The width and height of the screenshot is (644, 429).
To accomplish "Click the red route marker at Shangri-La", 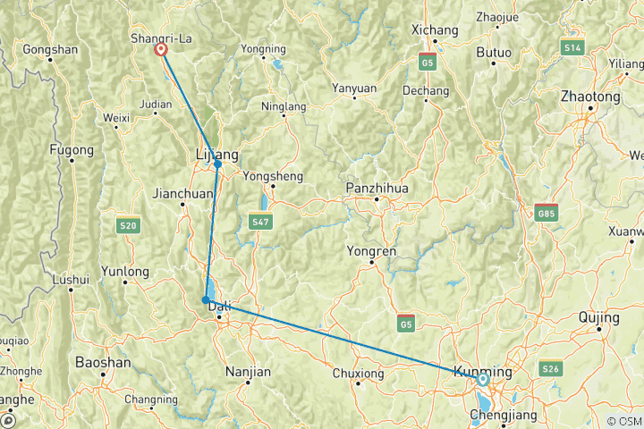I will click(161, 50).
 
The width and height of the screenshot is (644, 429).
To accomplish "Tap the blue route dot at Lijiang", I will click(217, 164).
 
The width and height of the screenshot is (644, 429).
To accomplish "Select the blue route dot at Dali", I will click(206, 300).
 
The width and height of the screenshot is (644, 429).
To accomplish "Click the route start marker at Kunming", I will click(483, 379).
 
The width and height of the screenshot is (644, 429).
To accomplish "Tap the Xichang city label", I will click(434, 30).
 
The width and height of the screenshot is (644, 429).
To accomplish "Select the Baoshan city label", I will click(103, 363).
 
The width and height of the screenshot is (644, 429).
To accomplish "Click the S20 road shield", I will click(128, 227).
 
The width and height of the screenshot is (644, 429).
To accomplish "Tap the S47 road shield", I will click(260, 220).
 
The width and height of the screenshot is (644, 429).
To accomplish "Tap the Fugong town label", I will click(71, 149).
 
